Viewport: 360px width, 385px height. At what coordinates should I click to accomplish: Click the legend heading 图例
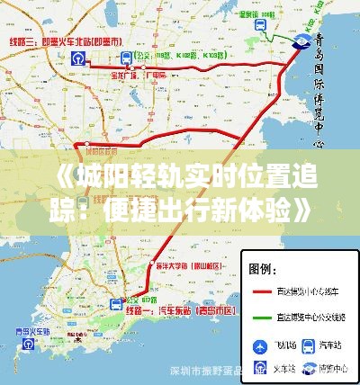click(x=263, y=268)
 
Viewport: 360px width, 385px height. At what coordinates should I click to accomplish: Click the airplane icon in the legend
click(x=261, y=345)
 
